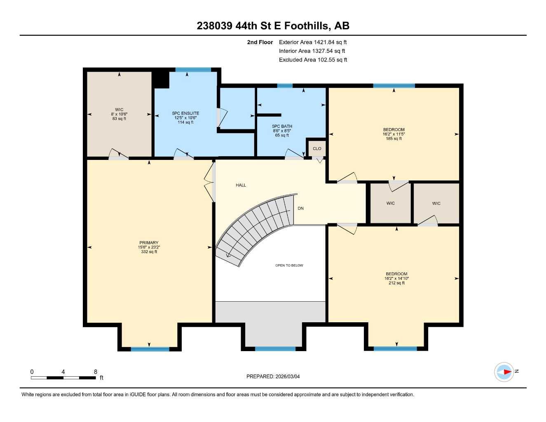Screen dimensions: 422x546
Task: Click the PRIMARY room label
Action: (149, 243)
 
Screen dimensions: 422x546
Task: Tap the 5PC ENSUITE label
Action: (185, 113)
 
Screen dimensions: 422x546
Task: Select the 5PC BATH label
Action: (282, 127)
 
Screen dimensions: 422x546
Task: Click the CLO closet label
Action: (317, 148)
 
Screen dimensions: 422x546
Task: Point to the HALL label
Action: (241, 185)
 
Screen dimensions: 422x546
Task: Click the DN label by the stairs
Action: (301, 209)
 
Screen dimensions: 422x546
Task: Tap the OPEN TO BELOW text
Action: (289, 265)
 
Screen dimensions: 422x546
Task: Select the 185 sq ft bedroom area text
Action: (394, 139)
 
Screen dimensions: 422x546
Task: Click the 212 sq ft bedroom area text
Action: (396, 283)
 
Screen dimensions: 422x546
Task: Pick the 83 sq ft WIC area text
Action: (119, 119)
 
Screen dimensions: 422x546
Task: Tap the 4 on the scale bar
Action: (63, 372)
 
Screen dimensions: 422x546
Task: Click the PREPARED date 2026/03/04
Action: (273, 376)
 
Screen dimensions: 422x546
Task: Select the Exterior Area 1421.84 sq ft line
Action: (313, 42)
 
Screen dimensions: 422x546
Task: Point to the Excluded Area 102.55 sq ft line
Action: (313, 60)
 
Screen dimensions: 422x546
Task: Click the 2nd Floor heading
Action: (260, 42)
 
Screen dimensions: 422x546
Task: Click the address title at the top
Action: (273, 26)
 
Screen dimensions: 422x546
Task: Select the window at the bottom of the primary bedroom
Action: (150, 349)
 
